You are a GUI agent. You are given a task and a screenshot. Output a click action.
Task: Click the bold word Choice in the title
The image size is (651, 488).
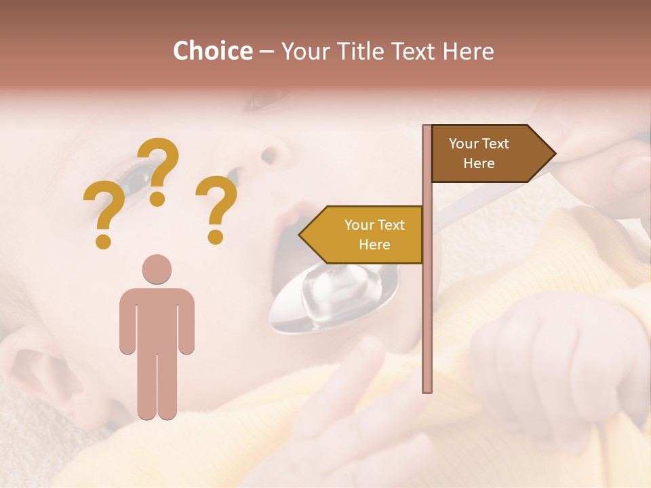pyautogui.click(x=212, y=51)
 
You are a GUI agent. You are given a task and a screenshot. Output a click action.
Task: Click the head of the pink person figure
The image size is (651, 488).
pyautogui.click(x=157, y=269)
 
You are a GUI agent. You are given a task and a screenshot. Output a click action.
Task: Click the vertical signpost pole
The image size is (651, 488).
pyautogui.click(x=427, y=305)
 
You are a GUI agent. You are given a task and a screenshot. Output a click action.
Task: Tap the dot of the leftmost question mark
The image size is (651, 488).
pyautogui.click(x=103, y=241)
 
